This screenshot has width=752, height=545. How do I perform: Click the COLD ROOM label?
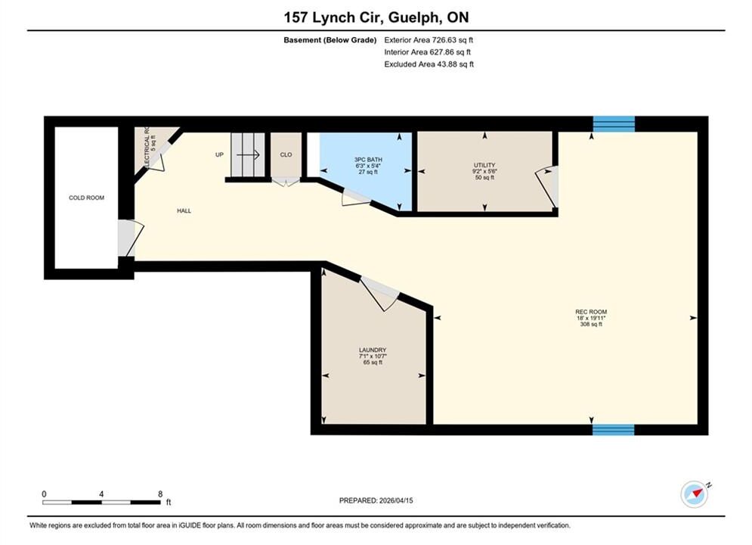86,198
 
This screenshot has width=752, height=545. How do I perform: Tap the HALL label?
184,210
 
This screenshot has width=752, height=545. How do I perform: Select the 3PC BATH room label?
368,160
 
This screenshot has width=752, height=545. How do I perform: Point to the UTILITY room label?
484,165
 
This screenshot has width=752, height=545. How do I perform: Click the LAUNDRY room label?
373,350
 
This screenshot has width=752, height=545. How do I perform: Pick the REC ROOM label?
591,312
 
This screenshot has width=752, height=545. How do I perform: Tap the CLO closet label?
286,154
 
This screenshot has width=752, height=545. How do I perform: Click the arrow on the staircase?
248,154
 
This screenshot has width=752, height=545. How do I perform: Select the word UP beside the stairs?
219,154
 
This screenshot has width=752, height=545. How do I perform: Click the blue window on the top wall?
614,124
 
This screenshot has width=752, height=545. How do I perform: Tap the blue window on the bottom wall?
614,430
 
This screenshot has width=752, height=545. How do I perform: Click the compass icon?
695,494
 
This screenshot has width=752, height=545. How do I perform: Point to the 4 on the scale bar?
101,494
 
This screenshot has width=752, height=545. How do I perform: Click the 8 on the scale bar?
160,494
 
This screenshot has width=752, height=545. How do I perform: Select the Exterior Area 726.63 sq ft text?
429,40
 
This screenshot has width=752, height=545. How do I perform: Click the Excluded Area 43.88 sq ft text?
429,64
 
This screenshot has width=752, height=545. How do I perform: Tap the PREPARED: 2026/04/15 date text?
376,500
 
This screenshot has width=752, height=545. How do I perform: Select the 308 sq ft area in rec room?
591,324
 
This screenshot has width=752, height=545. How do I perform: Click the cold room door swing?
131,238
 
